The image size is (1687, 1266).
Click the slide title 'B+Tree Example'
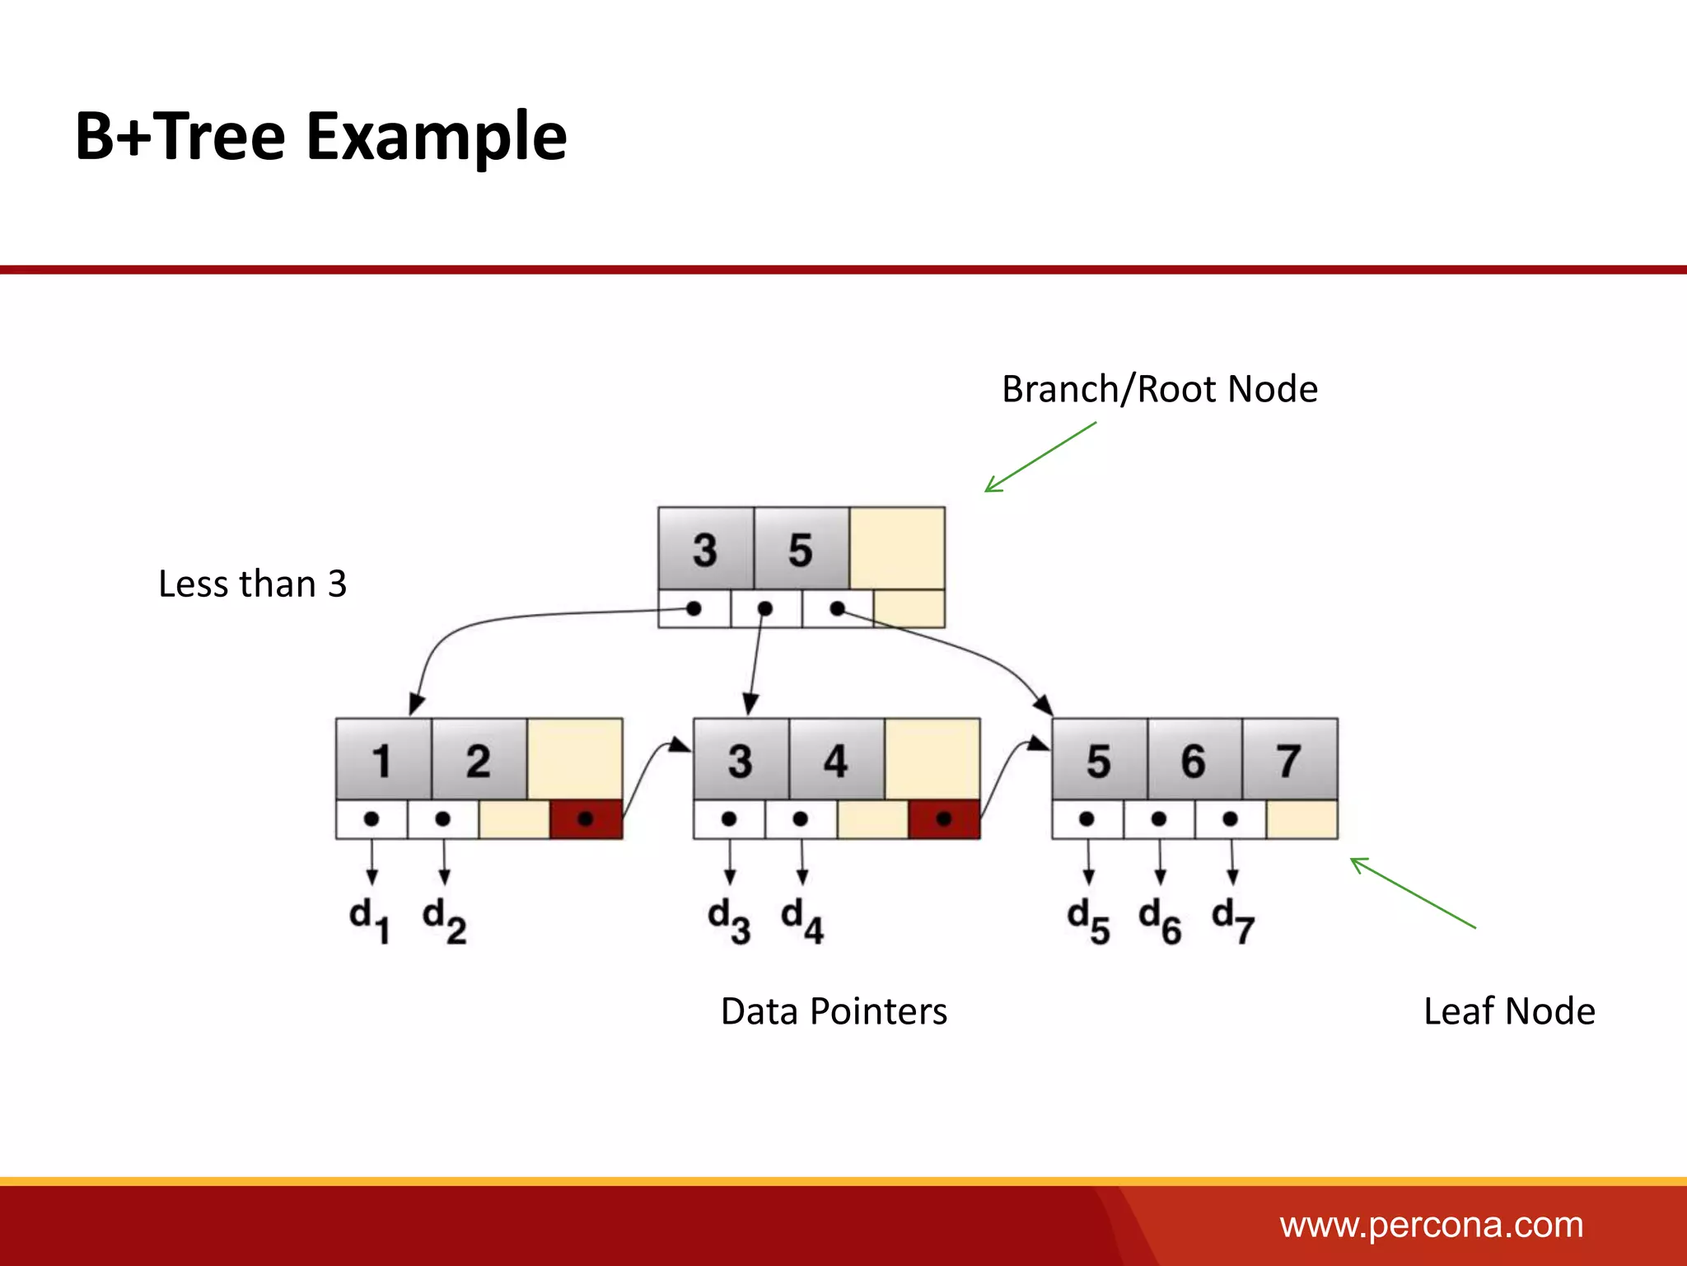point(320,137)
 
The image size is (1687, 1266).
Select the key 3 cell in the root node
point(705,549)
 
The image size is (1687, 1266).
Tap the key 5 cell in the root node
point(801,549)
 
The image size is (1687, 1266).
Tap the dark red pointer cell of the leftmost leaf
point(586,819)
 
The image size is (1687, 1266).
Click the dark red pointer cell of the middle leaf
point(944,819)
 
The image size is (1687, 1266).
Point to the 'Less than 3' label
point(252,584)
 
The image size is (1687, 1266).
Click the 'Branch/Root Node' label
point(1159,389)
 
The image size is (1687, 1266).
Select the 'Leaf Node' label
point(1509,1011)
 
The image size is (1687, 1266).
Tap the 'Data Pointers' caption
point(834,1011)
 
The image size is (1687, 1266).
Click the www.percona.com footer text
point(1431,1225)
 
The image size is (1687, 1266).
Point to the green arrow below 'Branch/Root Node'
point(1040,457)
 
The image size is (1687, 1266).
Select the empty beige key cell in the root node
point(897,549)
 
